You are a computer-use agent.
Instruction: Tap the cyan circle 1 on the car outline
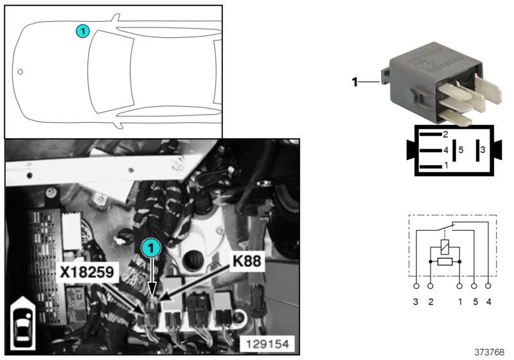point(82,30)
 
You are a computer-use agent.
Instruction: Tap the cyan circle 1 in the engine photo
point(149,247)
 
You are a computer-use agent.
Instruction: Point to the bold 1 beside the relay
point(354,82)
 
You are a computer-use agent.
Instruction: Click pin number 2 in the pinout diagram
point(445,134)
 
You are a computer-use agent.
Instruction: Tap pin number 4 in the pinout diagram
point(445,150)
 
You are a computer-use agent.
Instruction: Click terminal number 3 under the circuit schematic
point(416,301)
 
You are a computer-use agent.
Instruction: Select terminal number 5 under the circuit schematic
point(475,301)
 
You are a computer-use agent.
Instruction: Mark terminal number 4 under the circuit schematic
point(489,301)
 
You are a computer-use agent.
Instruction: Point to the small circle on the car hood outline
point(20,71)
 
